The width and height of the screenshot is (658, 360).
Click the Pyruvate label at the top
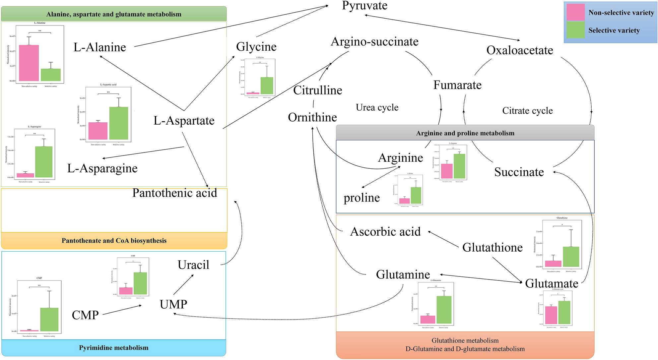[364, 6]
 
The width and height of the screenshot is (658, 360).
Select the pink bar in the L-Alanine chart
[29, 63]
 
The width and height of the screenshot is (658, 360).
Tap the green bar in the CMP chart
[49, 320]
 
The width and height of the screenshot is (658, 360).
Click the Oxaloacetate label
[520, 50]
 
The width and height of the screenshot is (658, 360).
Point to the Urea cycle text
[377, 107]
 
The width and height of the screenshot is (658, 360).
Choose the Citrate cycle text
[527, 111]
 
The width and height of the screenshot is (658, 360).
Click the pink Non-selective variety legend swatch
[575, 12]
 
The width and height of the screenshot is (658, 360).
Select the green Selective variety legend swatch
[575, 30]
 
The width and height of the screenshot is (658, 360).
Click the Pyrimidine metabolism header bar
[114, 348]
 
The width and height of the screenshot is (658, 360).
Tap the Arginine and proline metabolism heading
[465, 133]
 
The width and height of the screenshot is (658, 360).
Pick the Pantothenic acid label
[174, 193]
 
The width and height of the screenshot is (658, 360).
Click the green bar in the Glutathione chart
[571, 257]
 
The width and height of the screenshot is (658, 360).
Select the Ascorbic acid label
[385, 232]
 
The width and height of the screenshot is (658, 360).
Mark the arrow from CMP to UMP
[122, 310]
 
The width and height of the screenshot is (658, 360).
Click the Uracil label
[193, 265]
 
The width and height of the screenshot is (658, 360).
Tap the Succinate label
[519, 172]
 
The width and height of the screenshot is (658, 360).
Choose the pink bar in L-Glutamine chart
[428, 320]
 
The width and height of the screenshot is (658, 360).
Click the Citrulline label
[317, 90]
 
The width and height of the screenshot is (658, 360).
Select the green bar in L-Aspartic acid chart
[118, 123]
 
